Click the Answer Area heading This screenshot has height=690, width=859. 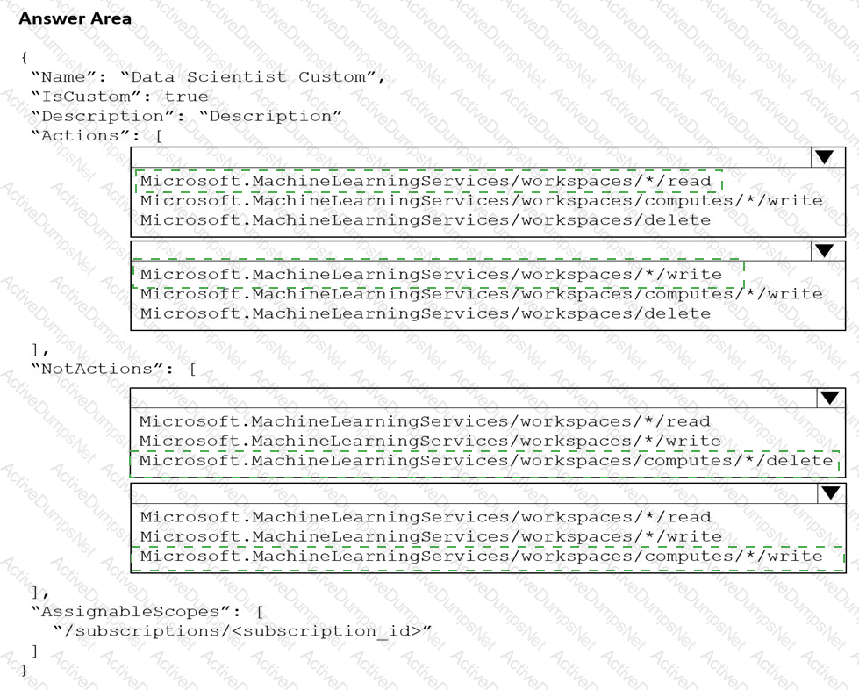pos(75,18)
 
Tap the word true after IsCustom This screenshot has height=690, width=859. pos(187,97)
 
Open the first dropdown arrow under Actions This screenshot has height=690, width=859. pos(824,157)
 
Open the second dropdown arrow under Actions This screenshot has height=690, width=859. pos(824,250)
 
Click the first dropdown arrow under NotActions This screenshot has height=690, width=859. pos(829,398)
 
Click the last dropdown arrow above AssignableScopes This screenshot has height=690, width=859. pos(829,492)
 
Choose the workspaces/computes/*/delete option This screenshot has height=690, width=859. pos(486,461)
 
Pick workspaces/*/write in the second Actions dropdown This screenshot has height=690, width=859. pos(431,275)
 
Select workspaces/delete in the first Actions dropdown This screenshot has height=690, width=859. pos(426,220)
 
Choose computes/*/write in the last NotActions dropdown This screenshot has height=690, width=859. pos(482,557)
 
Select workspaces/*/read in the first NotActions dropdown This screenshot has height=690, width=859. pos(426,421)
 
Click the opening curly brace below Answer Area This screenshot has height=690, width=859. pos(24,58)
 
